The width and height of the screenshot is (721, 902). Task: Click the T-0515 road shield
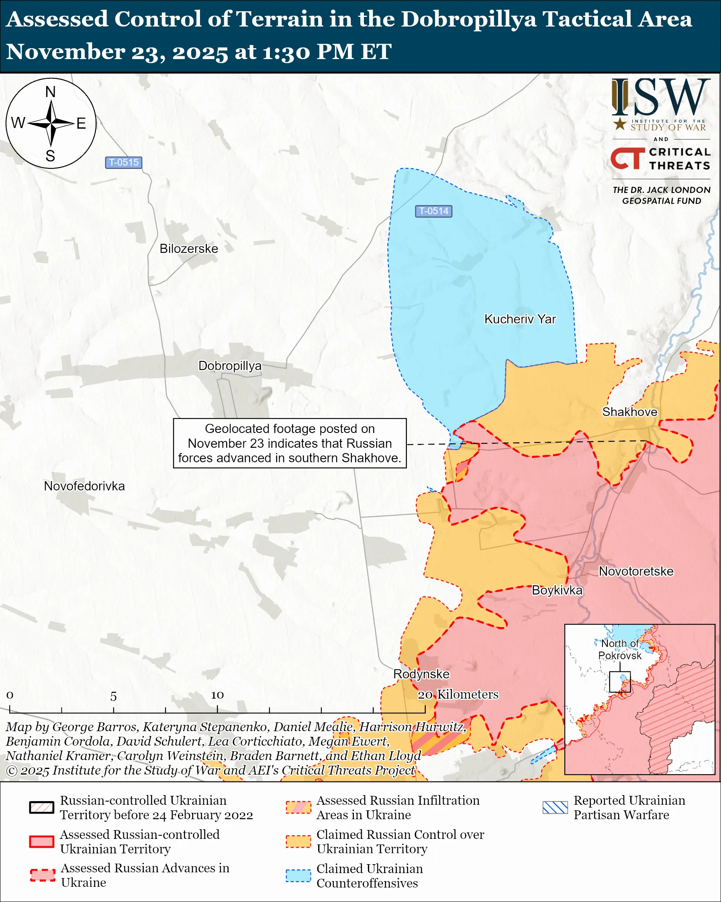123,162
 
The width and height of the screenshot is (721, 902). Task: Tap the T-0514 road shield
433,211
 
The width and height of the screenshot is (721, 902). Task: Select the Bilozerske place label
188,248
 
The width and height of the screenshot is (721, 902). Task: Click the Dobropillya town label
229,366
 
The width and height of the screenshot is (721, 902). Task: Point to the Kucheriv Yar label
519,319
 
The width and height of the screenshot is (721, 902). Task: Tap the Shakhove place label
629,412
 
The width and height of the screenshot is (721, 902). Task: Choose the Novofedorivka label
84,486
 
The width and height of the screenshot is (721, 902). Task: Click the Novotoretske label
636,572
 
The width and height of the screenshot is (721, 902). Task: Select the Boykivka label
557,590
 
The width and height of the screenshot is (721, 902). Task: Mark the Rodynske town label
421,674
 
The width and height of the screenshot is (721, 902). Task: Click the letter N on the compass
51,92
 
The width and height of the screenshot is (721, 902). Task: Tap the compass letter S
51,156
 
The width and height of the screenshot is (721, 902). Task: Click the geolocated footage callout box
290,443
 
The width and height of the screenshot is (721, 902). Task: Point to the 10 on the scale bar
217,695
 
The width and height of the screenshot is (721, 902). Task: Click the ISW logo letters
660,98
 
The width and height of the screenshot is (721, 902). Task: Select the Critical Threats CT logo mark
627,158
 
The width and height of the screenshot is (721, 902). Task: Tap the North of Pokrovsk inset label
619,649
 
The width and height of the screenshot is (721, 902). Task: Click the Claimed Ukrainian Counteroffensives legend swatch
298,875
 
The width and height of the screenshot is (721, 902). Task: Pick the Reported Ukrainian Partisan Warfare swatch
555,808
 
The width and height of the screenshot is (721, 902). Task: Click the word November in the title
65,52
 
